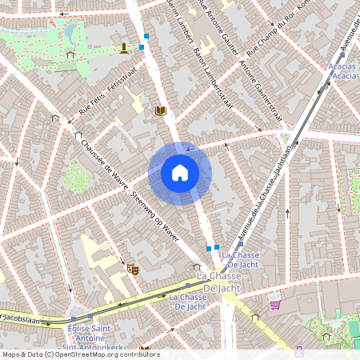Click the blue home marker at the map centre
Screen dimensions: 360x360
tap(180, 172)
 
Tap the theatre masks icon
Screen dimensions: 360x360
tap(133, 270)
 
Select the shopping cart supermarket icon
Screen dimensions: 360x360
tap(275, 303)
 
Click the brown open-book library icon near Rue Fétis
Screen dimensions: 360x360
tap(160, 110)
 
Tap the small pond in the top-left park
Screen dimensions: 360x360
tap(73, 33)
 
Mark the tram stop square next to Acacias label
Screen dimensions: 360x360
tap(327, 71)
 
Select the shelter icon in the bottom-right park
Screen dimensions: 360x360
tap(326, 337)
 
